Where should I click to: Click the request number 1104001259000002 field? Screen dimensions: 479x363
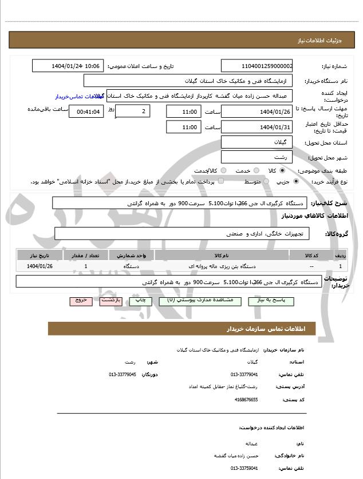point(257,66)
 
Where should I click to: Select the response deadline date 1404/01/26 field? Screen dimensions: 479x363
point(257,111)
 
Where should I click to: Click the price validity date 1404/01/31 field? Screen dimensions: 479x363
point(257,126)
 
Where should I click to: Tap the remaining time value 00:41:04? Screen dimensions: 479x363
point(86,112)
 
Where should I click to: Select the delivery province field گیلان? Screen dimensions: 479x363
point(257,142)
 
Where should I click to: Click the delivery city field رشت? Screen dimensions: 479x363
point(257,157)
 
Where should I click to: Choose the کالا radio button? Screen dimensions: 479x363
point(282,170)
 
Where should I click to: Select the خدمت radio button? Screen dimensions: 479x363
point(255,170)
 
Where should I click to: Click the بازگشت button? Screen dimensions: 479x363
point(111,300)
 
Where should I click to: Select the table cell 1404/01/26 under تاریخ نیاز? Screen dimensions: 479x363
point(40,266)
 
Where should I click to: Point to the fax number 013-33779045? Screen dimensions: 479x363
point(122,374)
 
